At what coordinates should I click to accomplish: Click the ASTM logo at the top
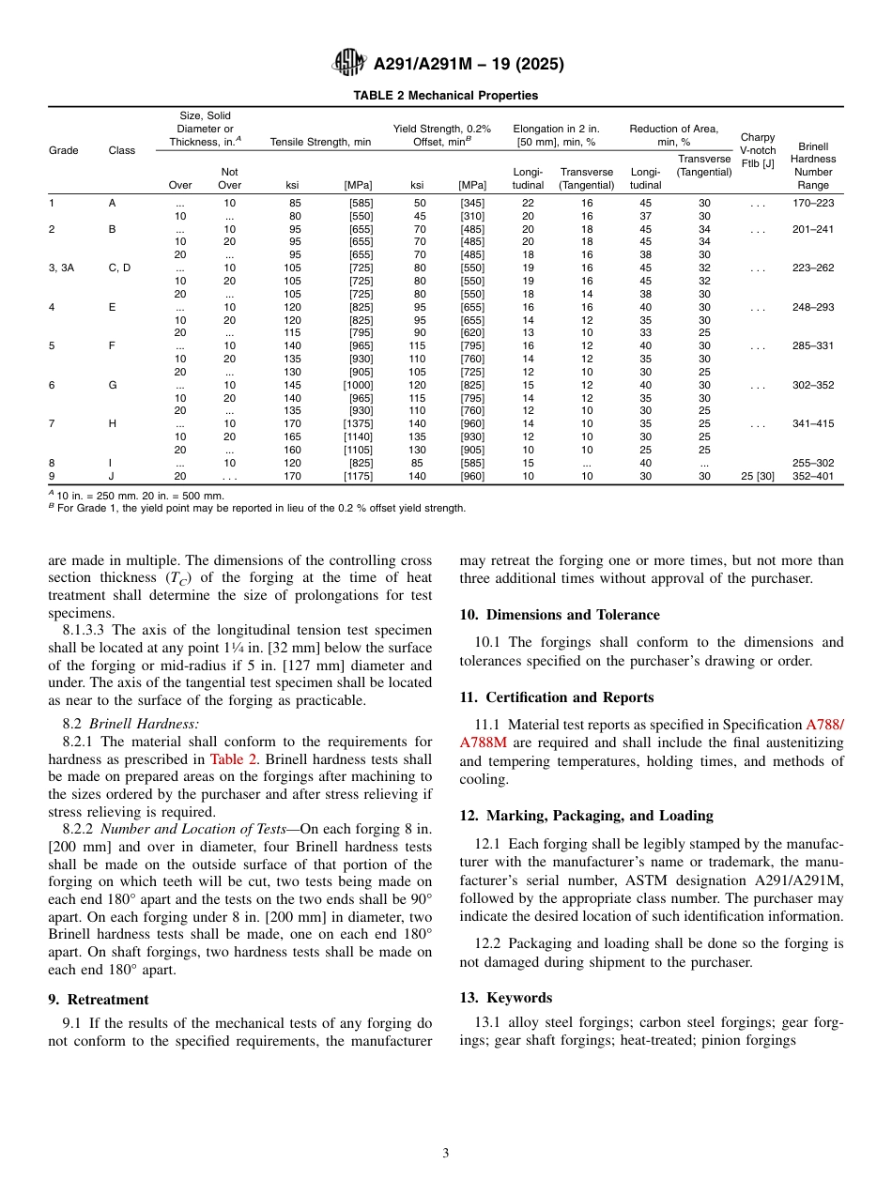349,64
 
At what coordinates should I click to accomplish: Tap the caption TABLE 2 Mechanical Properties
445,95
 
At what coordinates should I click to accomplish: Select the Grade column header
64,150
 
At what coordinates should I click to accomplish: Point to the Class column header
121,150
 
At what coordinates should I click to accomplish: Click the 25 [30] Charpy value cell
757,476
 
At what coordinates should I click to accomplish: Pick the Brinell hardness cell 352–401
812,476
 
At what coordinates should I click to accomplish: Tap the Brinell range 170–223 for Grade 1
812,203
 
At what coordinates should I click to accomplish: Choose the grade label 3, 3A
61,268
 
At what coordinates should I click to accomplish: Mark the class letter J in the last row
111,476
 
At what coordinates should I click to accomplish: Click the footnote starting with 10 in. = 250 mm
136,496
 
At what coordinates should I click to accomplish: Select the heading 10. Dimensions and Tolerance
559,615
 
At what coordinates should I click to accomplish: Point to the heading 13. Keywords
505,998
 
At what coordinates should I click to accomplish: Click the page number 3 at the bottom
446,1154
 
